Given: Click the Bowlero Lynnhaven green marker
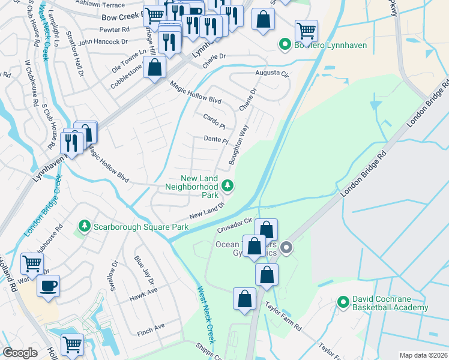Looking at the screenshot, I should click(285, 44).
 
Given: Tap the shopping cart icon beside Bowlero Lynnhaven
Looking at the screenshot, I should click(307, 29).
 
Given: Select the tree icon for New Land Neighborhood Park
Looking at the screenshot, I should click(228, 186).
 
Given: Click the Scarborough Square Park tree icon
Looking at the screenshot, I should click(85, 226).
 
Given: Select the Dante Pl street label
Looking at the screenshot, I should click(217, 140).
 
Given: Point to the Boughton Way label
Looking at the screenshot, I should click(238, 145).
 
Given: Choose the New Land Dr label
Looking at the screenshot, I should click(206, 210).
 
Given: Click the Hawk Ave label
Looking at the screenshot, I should click(144, 290).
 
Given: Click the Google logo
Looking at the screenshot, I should click(20, 353).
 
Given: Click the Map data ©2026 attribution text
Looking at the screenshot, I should click(423, 355).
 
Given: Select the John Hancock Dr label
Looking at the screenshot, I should click(103, 42).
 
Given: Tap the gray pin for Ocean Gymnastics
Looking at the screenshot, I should click(287, 247).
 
